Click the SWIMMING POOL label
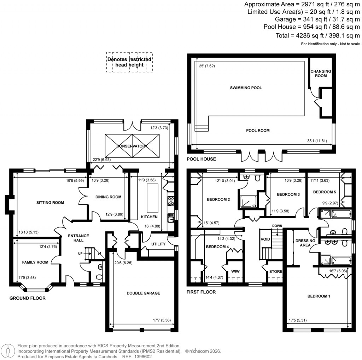point(246,88)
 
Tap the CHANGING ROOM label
point(321,73)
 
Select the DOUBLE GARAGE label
point(144,293)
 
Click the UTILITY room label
point(158,244)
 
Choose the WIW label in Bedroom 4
point(235,271)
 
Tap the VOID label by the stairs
point(265,239)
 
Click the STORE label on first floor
point(276,272)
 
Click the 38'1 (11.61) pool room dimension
point(317,140)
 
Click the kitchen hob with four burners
point(171,201)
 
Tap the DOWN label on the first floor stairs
point(277,226)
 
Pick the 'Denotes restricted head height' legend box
point(129,62)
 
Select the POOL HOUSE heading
point(201,159)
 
